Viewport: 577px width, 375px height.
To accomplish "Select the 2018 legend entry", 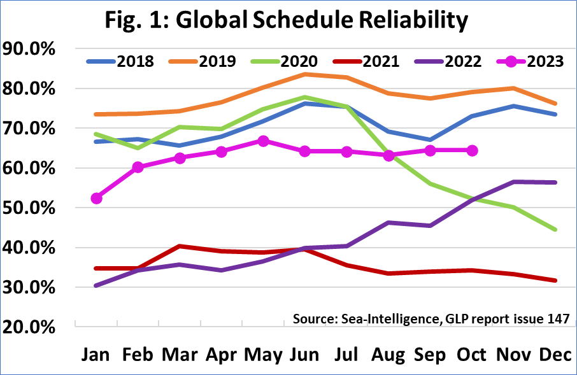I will pos(120,61).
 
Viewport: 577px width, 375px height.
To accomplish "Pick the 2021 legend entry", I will pos(366,61).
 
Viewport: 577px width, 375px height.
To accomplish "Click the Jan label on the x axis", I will pos(97,354).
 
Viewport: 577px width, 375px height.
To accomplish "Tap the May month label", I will pos(262,354).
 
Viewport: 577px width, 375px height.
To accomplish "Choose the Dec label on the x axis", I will pos(555,354).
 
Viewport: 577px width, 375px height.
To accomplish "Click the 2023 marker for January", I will pos(97,199).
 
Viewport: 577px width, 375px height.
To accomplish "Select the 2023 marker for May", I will pos(263,141).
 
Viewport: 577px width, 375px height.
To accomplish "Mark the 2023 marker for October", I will pos(471,150).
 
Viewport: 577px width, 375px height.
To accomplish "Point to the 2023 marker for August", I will pos(388,155).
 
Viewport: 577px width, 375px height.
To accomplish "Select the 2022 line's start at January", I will pos(97,286).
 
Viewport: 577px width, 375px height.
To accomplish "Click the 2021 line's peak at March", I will pos(180,246).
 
